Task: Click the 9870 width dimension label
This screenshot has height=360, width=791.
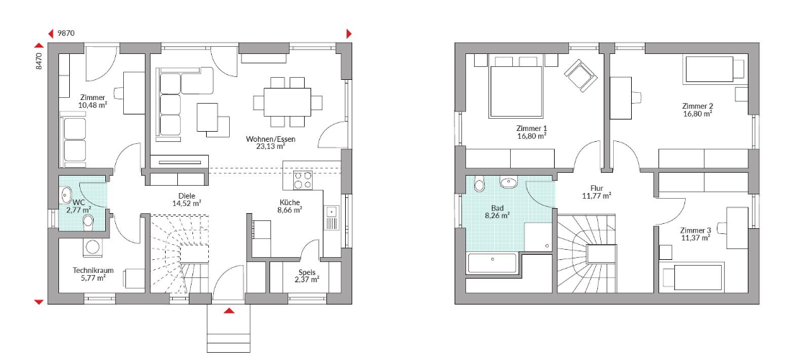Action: (66, 33)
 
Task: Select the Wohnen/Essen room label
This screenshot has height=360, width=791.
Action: (271, 139)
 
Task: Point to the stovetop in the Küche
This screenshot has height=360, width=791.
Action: (303, 180)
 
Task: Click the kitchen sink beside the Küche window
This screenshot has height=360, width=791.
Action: (332, 218)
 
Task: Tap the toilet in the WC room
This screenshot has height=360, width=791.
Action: (89, 221)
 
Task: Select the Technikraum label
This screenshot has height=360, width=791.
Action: (93, 270)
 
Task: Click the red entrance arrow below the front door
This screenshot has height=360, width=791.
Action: (229, 310)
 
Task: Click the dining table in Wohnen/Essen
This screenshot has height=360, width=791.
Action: (287, 102)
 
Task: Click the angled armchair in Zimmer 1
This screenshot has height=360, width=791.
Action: (581, 76)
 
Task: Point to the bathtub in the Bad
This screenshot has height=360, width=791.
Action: (492, 264)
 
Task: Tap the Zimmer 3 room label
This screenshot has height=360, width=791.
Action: (694, 230)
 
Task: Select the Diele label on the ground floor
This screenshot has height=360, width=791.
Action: (187, 196)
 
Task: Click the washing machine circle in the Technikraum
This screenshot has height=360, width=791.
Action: (92, 247)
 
